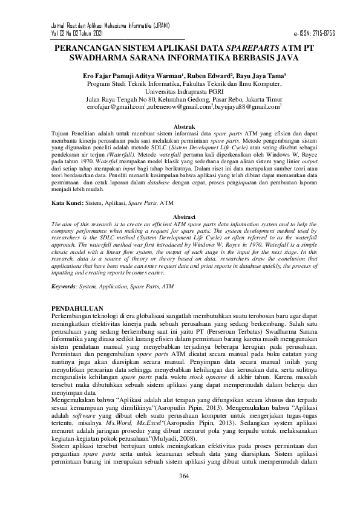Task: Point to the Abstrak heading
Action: pos(180,125)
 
